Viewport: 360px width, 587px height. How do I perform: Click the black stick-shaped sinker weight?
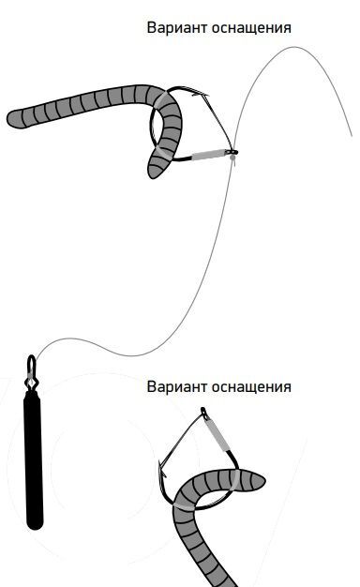coord(34,459)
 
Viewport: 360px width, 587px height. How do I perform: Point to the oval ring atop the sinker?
coord(32,364)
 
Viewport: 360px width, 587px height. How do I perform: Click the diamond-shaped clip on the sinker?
coord(31,382)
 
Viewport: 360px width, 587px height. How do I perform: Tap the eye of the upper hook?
coord(232,152)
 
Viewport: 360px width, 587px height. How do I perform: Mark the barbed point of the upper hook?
coord(199,94)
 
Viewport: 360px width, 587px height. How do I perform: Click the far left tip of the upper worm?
coord(8,119)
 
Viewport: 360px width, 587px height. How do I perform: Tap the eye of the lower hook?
coord(203,413)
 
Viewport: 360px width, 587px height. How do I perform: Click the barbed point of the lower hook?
coord(162,470)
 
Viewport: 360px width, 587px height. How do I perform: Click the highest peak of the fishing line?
coord(294,47)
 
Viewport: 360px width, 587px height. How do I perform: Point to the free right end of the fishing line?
coord(352,136)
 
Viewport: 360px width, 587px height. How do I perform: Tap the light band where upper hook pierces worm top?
coord(161,98)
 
